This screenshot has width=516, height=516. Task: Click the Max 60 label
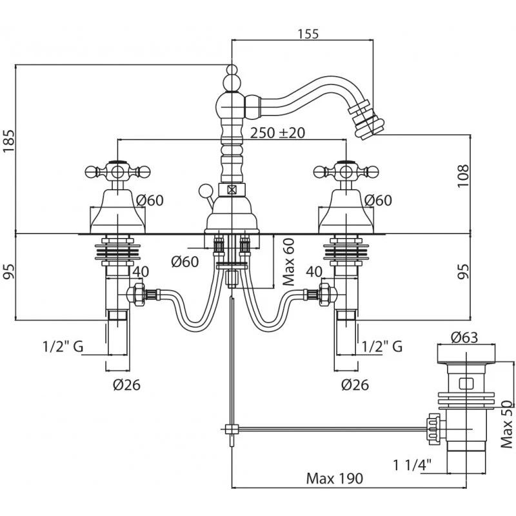[x=289, y=262]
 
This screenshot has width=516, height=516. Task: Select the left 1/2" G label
[x=63, y=346]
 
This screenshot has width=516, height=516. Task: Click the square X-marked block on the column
[x=231, y=190]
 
